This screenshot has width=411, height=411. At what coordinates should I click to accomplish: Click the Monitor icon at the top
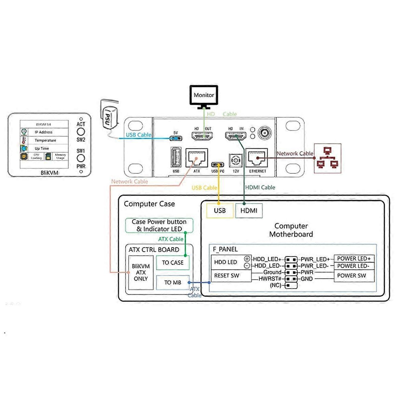coord(204,96)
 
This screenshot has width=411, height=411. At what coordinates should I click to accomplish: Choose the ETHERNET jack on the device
coord(257,159)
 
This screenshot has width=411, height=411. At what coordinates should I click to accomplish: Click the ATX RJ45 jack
coord(197,159)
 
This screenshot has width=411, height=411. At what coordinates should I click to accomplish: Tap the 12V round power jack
coord(235,161)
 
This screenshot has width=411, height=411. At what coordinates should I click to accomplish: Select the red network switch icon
coord(328,159)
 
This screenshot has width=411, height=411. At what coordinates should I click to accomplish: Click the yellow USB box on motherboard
coord(220,211)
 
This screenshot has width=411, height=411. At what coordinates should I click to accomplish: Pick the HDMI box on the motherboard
coord(249,211)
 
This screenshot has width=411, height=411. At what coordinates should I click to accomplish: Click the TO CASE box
coord(173,262)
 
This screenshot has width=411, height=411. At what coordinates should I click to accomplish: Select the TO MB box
coord(173,283)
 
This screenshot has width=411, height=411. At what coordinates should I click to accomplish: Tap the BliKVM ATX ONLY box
coord(141,273)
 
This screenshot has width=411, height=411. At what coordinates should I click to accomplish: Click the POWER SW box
coord(354,276)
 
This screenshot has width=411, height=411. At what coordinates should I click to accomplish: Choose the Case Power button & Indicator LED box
coord(159,225)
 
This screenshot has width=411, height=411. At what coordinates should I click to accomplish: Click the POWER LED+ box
coord(354,259)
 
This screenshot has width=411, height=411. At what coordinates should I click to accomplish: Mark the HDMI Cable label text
coord(260,187)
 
